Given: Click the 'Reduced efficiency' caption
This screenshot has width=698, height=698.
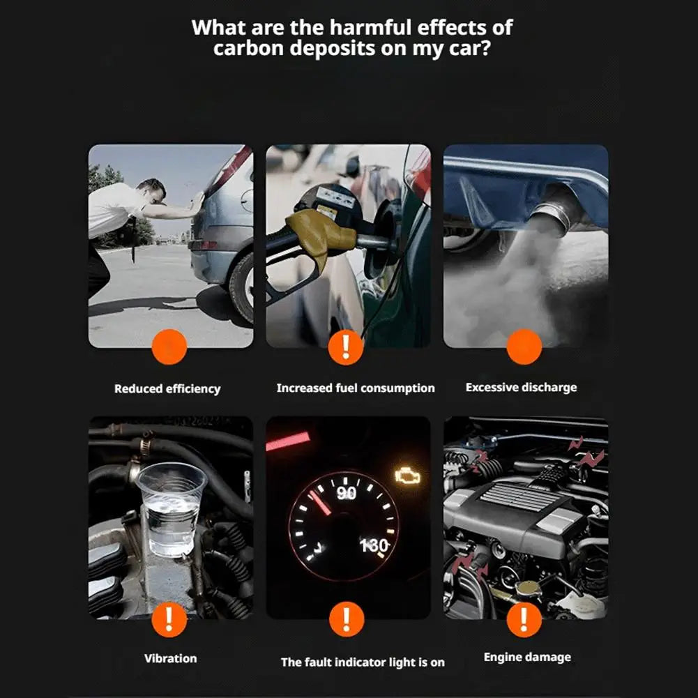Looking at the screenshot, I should (167, 389).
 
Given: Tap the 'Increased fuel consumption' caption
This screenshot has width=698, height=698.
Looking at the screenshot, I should (355, 388).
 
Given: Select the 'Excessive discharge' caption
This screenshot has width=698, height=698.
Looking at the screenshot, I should (521, 387).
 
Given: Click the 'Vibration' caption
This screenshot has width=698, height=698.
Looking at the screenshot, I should (170, 658).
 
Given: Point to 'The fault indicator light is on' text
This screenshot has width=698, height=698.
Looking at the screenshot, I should (363, 662).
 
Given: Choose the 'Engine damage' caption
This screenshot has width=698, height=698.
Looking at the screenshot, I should (527, 657).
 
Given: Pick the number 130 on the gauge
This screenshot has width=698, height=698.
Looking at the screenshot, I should (374, 545).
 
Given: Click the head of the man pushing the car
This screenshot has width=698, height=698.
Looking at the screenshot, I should (151, 190).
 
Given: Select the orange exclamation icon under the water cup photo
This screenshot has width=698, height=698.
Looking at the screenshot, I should (168, 618).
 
